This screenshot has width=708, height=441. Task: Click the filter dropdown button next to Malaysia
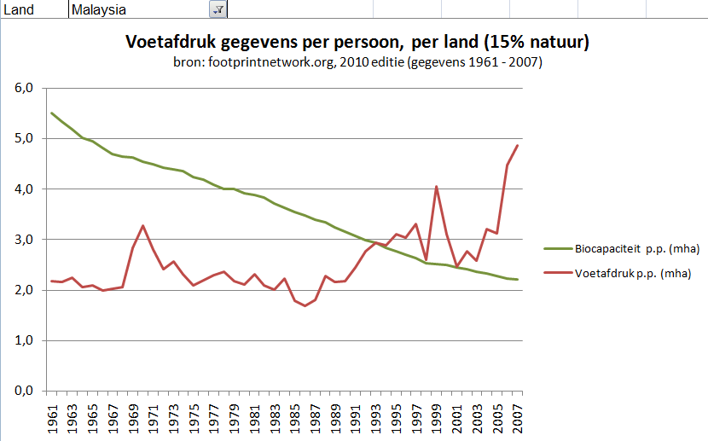[218, 9]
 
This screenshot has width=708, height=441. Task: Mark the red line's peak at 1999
[437, 186]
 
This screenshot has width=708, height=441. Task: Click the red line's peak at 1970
[143, 226]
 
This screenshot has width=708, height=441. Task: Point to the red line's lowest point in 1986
[305, 305]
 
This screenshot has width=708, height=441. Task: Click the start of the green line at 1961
[52, 113]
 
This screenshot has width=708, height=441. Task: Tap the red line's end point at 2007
[518, 145]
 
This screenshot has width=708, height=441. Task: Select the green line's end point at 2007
[518, 280]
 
